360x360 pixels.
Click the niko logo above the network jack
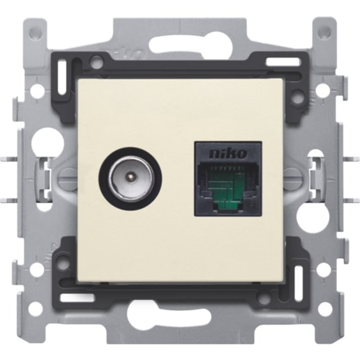[x=228, y=154]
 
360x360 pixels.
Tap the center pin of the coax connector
[x=130, y=177]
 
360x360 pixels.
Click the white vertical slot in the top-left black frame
[x=62, y=78]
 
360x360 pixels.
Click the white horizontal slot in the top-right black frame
[x=283, y=61]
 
